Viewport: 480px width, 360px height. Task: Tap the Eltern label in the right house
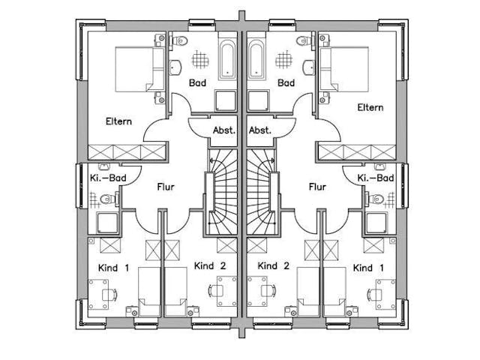[370, 107]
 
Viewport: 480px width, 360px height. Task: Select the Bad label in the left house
[197, 82]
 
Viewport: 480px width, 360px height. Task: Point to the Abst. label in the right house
[259, 130]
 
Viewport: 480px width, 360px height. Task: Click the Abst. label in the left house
[223, 130]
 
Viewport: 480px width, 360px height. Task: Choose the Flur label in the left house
[166, 187]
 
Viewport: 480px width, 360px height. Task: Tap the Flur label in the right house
[317, 187]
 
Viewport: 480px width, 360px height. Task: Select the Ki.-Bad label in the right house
[375, 178]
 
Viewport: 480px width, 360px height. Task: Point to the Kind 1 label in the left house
[114, 268]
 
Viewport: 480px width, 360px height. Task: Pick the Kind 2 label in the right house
[274, 266]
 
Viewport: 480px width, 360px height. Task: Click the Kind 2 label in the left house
[209, 266]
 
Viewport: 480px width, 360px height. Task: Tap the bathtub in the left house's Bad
[229, 60]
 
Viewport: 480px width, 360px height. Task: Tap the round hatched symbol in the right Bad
[284, 60]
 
